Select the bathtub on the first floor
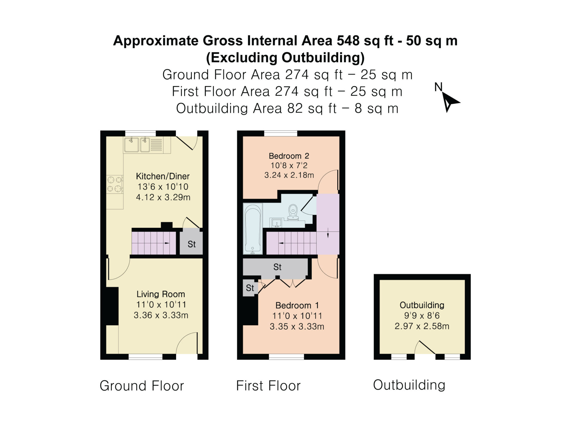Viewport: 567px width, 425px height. [x=253, y=229]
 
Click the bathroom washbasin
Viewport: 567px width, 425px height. [x=277, y=222]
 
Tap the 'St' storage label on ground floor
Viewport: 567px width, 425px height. [x=192, y=244]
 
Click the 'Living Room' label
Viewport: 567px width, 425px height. [x=161, y=294]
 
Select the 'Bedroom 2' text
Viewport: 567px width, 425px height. [x=289, y=156]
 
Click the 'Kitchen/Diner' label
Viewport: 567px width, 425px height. [x=163, y=176]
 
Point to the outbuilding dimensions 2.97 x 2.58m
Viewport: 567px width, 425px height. [x=422, y=326]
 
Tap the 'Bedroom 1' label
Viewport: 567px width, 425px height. [x=297, y=305]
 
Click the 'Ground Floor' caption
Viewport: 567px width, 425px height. [x=142, y=386]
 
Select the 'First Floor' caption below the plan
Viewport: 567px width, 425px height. [x=268, y=386]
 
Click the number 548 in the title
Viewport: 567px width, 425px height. [x=348, y=41]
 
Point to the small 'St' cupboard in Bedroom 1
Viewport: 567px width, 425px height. [x=250, y=288]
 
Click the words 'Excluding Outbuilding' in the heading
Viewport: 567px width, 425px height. [x=285, y=58]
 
